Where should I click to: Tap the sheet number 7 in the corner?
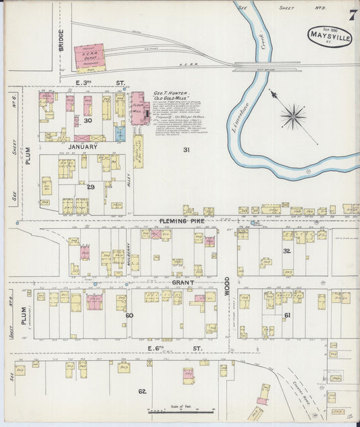353,14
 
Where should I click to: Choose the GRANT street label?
182,282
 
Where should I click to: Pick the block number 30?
87,120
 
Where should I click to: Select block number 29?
90,186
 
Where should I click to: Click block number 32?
286,251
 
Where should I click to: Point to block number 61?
286,315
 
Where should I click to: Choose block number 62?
142,391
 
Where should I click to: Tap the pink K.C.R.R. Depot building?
90,59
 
